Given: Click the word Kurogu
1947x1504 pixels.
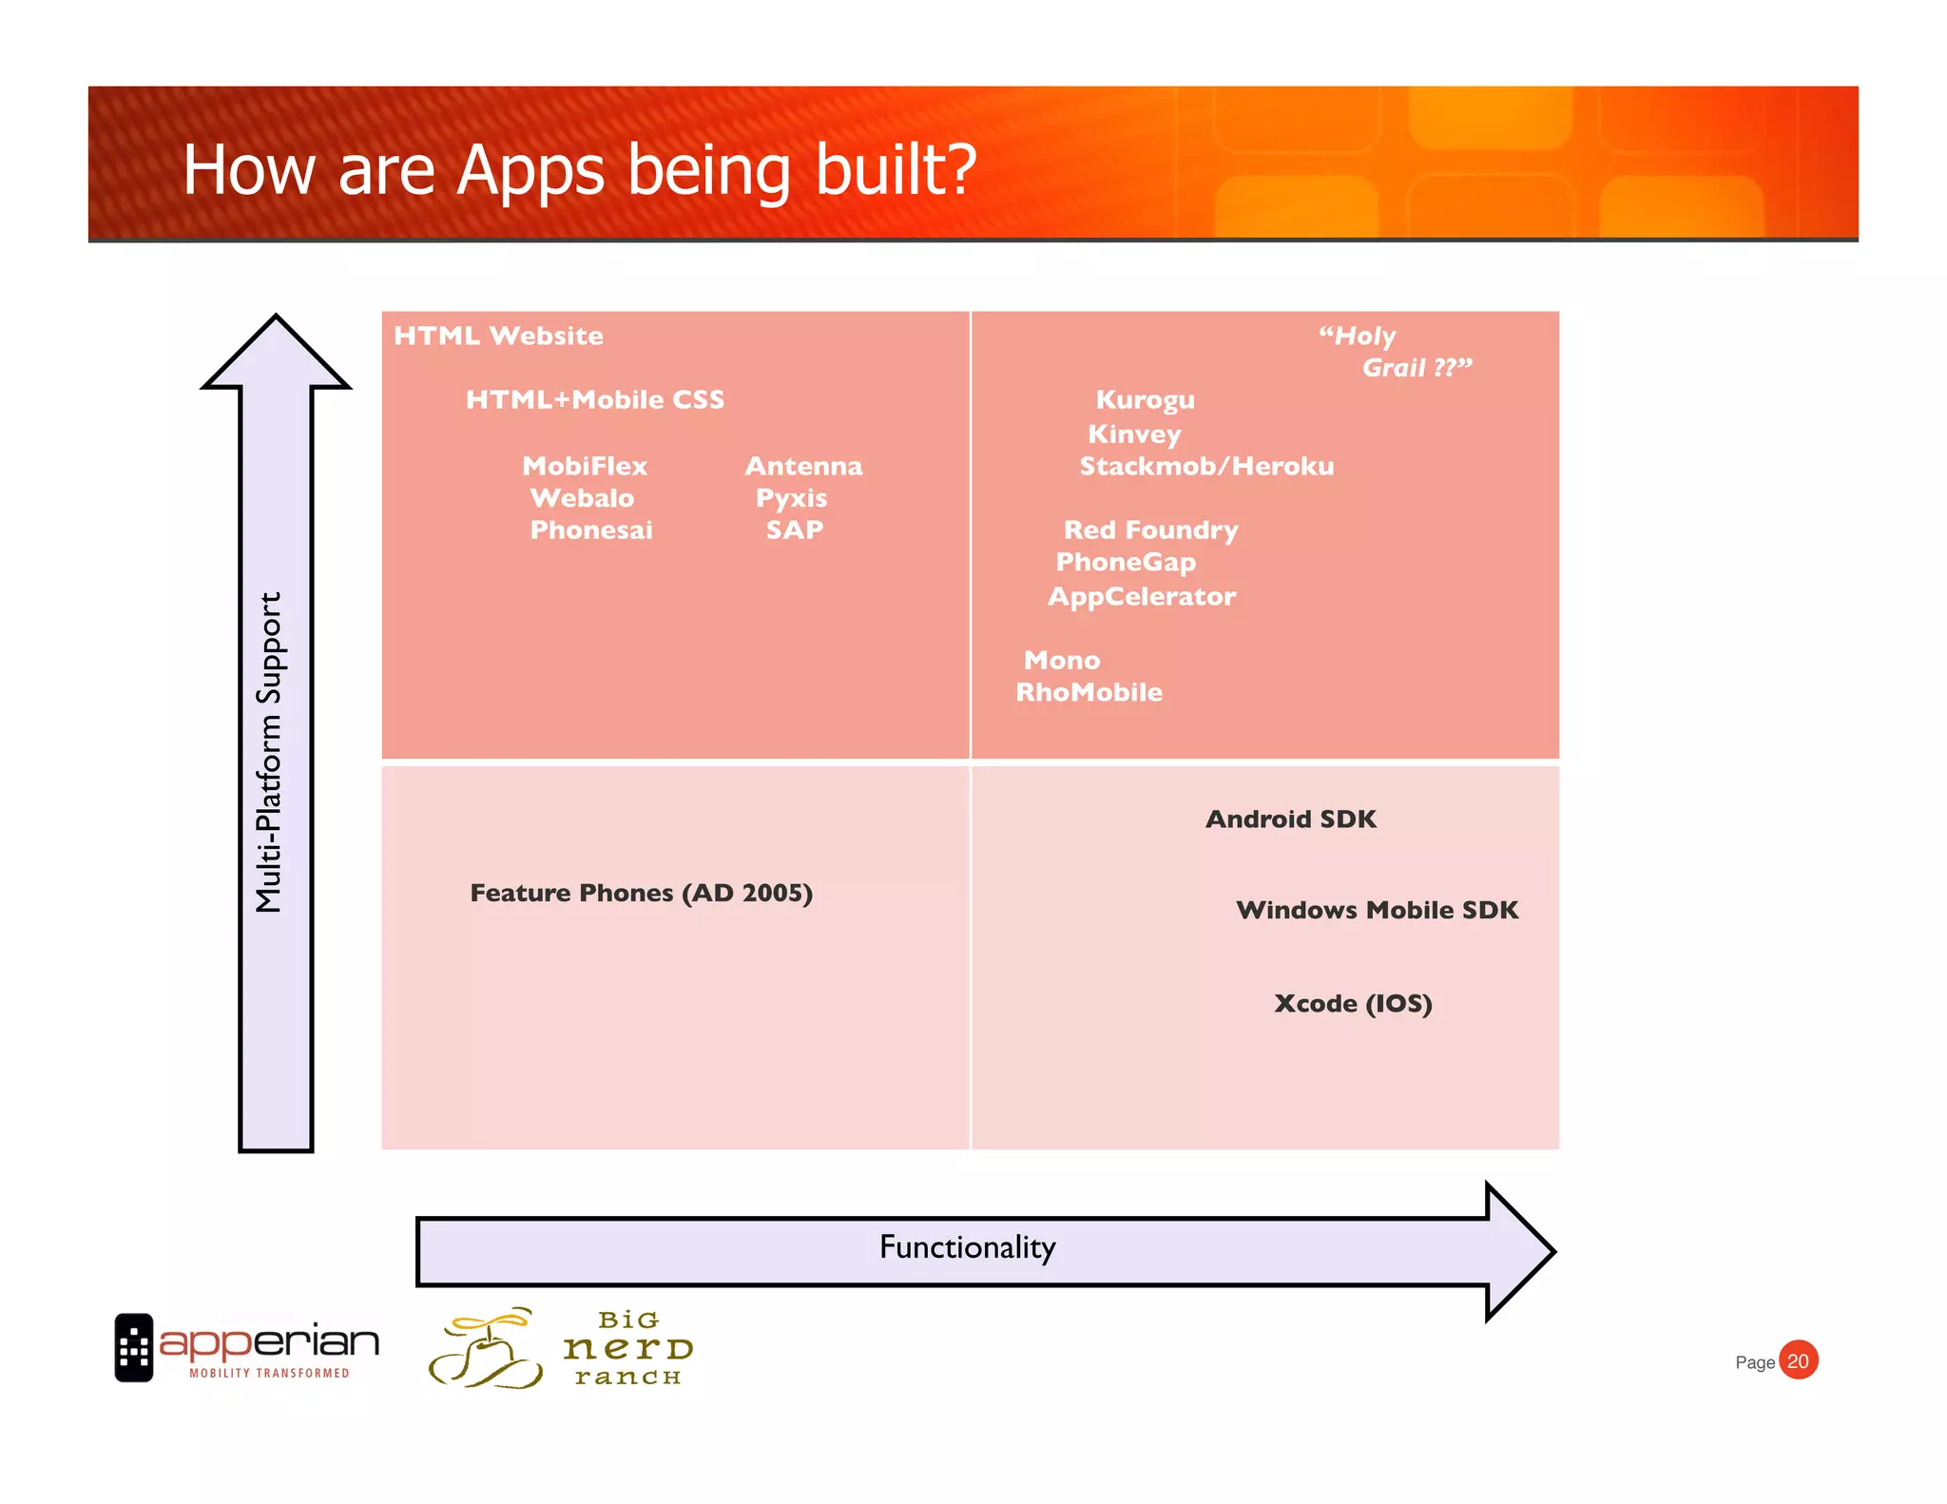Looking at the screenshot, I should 1145,399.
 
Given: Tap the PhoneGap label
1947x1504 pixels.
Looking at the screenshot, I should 1126,562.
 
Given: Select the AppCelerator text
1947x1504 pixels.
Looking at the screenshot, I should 1142,596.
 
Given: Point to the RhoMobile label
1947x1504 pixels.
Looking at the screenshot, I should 1089,692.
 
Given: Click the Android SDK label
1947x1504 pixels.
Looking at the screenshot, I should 1290,819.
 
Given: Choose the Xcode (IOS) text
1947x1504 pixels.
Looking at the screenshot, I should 1352,1003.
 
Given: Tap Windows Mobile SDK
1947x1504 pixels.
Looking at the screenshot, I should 1377,910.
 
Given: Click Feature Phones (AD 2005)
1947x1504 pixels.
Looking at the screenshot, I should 641,893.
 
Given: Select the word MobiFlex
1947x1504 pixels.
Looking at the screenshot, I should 585,466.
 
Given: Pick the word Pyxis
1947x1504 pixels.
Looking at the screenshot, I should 791,498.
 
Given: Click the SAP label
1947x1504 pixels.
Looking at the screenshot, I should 794,530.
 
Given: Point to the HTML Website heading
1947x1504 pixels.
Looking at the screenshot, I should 498,336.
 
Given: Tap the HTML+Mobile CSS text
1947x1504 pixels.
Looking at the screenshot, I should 595,399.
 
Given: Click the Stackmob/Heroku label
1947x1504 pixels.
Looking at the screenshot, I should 1206,466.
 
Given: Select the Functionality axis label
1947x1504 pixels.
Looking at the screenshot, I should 967,1247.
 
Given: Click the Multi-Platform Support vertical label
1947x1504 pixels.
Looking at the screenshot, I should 270,751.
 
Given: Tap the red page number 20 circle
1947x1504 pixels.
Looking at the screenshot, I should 1798,1360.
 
